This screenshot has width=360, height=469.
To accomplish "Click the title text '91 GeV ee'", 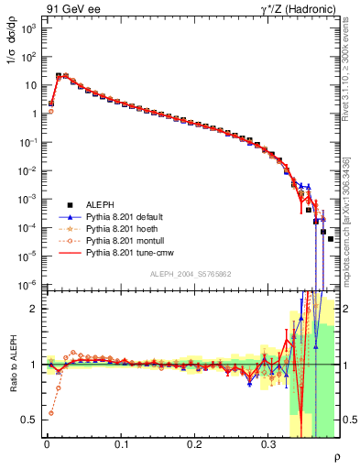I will pyautogui.click(x=70, y=8).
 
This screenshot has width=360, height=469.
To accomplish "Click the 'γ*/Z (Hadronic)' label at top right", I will pyautogui.click(x=298, y=8).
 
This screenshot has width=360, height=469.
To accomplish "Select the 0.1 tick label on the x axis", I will pyautogui.click(x=121, y=443).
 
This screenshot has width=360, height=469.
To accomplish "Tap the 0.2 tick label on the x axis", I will pyautogui.click(x=194, y=443).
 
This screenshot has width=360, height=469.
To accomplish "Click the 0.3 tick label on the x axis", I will pyautogui.click(x=268, y=443).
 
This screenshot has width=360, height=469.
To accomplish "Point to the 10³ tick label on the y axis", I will pyautogui.click(x=28, y=29).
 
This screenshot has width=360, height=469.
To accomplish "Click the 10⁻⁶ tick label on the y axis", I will pyautogui.click(x=28, y=285).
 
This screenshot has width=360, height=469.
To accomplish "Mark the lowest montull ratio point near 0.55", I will pyautogui.click(x=50, y=413).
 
